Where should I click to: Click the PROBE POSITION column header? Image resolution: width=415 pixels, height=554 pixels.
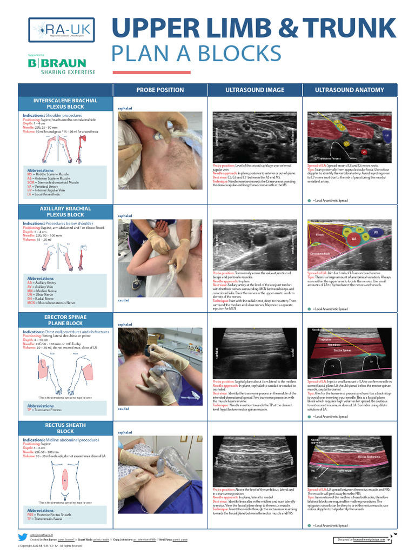click(x=159, y=90)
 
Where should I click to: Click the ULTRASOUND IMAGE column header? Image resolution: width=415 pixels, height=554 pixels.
click(x=255, y=90)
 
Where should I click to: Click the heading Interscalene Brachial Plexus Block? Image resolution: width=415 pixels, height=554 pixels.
click(x=65, y=104)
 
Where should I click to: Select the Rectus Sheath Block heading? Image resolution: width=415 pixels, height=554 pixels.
click(x=65, y=428)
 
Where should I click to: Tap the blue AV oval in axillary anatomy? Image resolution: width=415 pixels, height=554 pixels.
click(x=376, y=233)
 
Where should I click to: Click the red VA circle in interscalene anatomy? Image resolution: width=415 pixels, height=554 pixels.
click(x=364, y=151)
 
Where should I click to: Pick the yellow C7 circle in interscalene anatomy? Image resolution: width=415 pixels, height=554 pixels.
click(x=346, y=143)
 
